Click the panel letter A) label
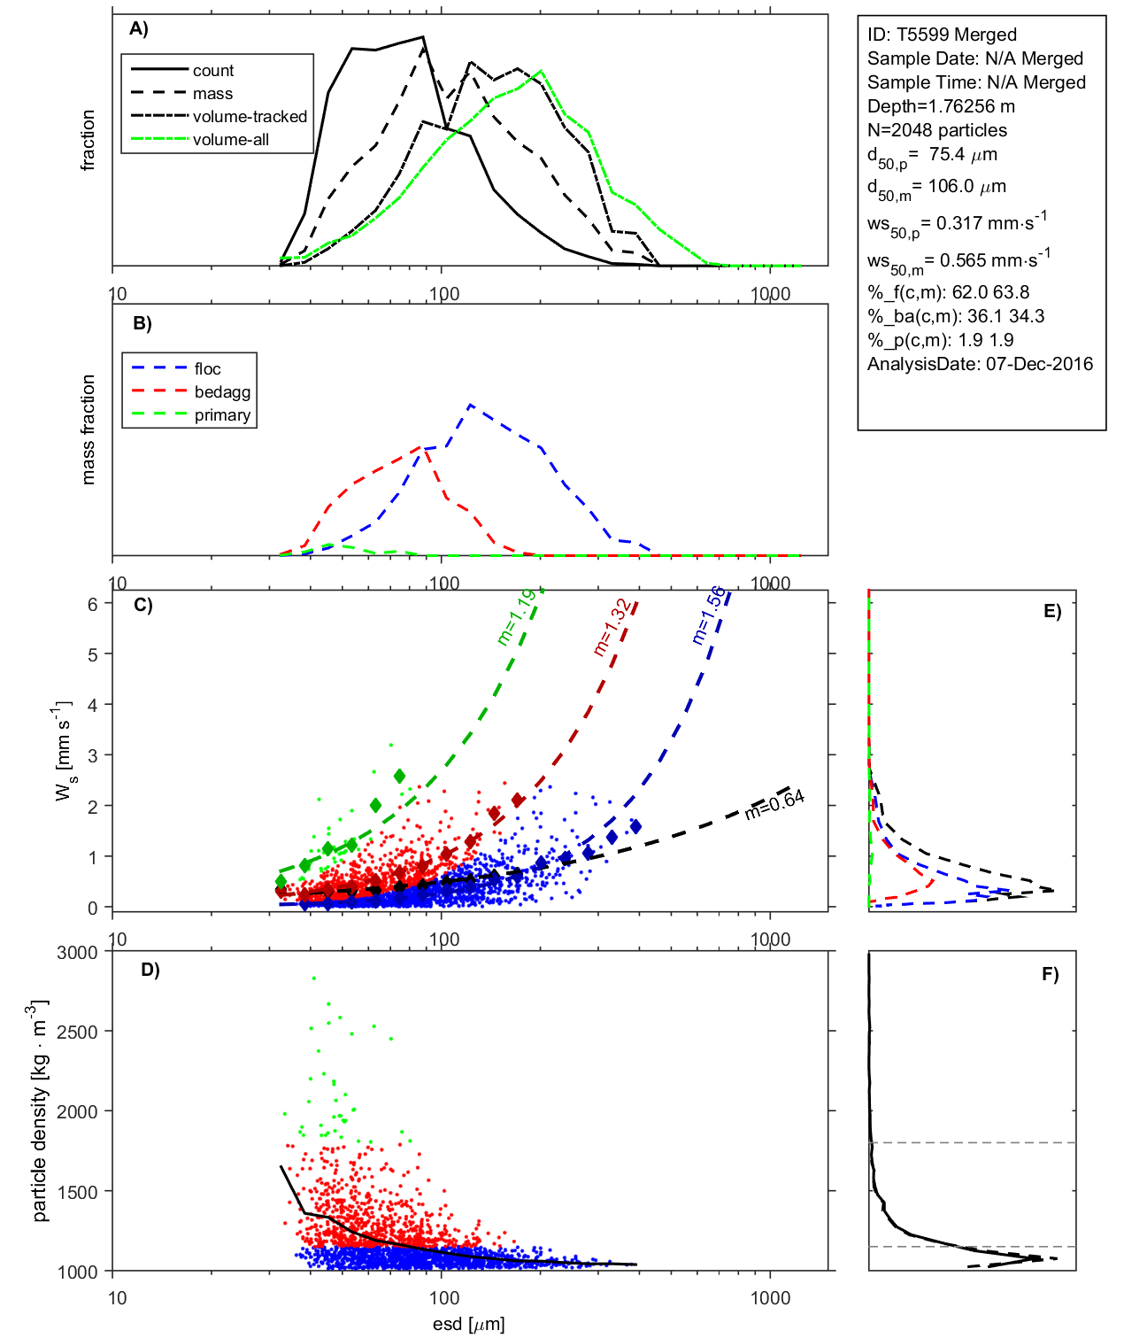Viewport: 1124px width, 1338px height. coord(139,29)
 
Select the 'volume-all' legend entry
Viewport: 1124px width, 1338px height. coord(230,140)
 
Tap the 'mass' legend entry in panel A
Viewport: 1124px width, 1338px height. coord(212,94)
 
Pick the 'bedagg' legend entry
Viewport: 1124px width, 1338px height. coord(222,392)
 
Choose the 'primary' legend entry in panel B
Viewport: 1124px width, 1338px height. coord(222,415)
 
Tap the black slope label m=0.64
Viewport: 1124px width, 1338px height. coord(774,804)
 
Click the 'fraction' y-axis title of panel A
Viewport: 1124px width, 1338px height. coord(88,140)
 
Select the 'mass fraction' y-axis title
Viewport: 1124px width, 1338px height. coord(88,429)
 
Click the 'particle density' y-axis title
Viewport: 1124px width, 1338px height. coord(39,1111)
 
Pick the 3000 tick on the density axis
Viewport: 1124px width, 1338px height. coord(77,953)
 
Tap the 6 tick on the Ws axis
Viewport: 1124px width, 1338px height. coord(92,604)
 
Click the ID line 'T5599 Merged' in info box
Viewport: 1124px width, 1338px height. coord(942,35)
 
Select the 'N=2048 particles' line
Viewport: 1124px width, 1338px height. coord(936,130)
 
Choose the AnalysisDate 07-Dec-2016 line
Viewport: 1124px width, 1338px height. coord(980,364)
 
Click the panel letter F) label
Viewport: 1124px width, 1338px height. coord(1050,974)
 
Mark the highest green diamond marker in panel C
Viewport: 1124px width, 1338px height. coord(399,777)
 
